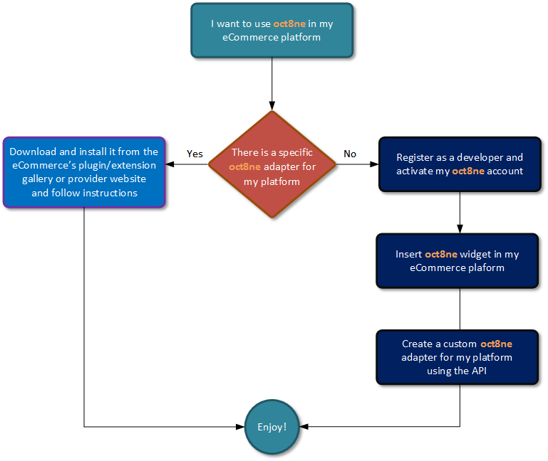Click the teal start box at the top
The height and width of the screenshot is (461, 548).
tap(272, 30)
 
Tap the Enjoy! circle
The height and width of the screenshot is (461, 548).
tap(272, 427)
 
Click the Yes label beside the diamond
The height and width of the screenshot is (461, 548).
tap(195, 154)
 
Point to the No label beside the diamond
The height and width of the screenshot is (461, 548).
tap(350, 154)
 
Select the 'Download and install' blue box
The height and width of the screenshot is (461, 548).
tap(84, 172)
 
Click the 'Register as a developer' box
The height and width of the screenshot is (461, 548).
tap(459, 164)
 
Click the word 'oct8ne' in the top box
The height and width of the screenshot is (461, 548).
tap(289, 23)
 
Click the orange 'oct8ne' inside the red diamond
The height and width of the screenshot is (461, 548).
tap(244, 168)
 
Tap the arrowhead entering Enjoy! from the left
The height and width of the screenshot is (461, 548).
tap(239, 427)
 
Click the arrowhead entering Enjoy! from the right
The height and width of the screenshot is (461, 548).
tap(304, 427)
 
